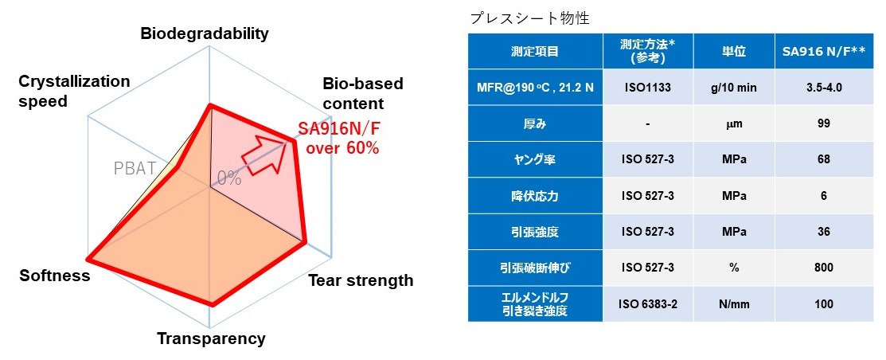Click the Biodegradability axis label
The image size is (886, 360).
(x=205, y=34)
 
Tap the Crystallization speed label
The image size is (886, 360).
(x=74, y=91)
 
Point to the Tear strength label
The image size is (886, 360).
(x=361, y=280)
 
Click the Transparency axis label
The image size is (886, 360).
(x=211, y=338)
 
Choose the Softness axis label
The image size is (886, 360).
(x=55, y=276)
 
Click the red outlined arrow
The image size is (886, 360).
(x=264, y=155)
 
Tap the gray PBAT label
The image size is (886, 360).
(x=131, y=169)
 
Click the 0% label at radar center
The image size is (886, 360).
(x=228, y=179)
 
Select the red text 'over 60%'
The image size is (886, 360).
(x=342, y=150)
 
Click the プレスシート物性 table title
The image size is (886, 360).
(x=529, y=19)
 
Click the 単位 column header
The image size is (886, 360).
(x=734, y=52)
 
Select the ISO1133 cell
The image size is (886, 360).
(x=647, y=88)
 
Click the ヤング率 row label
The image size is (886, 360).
(x=535, y=159)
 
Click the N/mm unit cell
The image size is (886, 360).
(x=734, y=304)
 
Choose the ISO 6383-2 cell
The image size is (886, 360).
(x=647, y=304)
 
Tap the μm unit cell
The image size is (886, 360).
(x=734, y=123)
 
